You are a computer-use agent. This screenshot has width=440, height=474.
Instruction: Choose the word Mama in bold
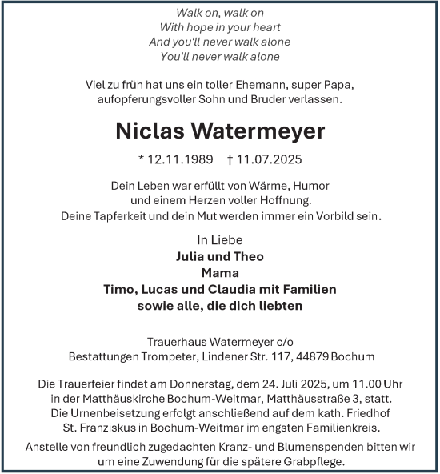pos(219,273)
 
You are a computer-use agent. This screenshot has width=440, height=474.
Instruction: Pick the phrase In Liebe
pos(219,240)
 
